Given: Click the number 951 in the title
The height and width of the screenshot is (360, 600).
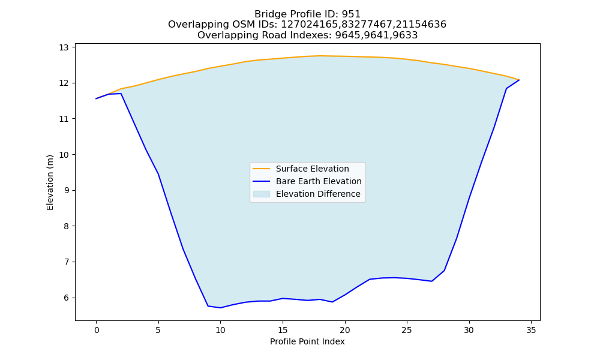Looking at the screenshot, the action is click(x=351, y=14).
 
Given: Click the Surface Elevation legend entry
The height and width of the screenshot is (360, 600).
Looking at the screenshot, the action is click(x=301, y=169).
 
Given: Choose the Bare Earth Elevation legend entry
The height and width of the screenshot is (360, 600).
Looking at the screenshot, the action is click(x=307, y=181).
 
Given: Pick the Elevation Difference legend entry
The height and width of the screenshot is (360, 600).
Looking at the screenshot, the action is click(x=307, y=194).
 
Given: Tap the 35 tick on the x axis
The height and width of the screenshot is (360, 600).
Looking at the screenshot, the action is click(x=531, y=330).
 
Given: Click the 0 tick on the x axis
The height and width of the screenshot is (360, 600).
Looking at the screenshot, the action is click(x=97, y=330).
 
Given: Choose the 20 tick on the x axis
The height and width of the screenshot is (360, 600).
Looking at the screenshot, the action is click(x=345, y=330).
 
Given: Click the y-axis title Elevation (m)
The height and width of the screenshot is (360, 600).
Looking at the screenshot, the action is click(x=50, y=182).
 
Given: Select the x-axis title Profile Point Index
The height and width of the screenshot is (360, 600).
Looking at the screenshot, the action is click(x=307, y=341).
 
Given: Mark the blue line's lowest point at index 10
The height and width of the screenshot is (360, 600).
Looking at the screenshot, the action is click(x=220, y=308).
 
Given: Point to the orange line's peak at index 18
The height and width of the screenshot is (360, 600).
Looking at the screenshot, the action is click(x=320, y=56).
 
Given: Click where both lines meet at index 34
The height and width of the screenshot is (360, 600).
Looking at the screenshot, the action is click(x=519, y=80).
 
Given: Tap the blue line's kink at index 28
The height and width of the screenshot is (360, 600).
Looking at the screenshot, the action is click(x=444, y=271).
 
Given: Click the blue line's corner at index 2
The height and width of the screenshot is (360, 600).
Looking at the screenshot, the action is click(x=121, y=94).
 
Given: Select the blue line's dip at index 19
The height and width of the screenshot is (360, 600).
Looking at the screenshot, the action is click(x=332, y=302).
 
